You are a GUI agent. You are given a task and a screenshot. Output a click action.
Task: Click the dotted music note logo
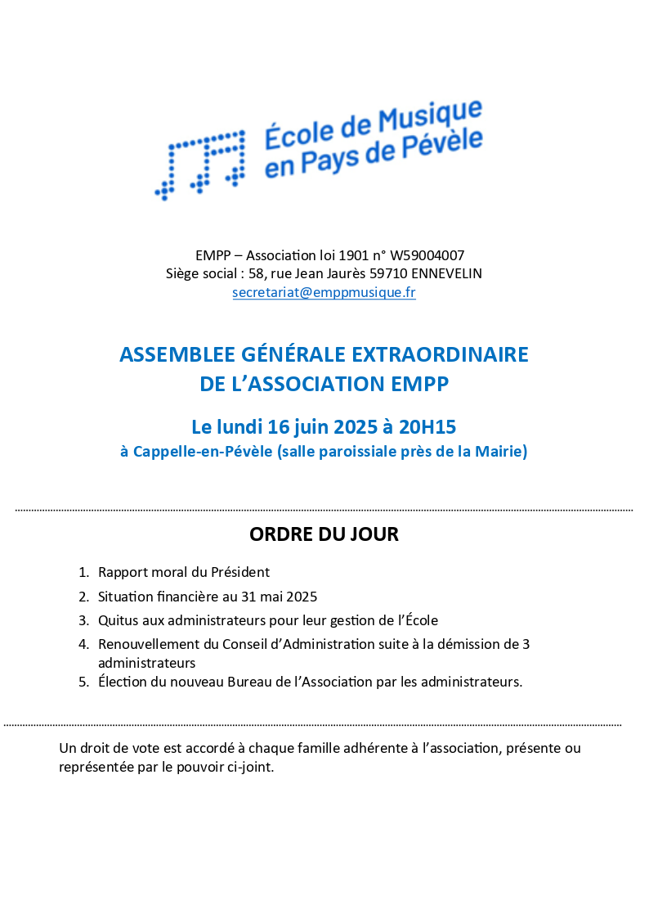pos(201,163)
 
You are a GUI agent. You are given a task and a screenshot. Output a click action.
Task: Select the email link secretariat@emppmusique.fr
pos(324,292)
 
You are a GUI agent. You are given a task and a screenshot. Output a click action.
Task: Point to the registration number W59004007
pos(428,255)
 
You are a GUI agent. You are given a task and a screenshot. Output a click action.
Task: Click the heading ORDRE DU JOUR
pos(324,535)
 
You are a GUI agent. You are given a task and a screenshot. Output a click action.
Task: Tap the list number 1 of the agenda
pos(83,573)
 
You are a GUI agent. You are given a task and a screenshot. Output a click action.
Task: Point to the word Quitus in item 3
pos(116,620)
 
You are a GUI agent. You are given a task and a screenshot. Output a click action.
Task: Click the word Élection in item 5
pos(122,682)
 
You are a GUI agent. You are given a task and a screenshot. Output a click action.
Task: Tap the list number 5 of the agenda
pos(83,682)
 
